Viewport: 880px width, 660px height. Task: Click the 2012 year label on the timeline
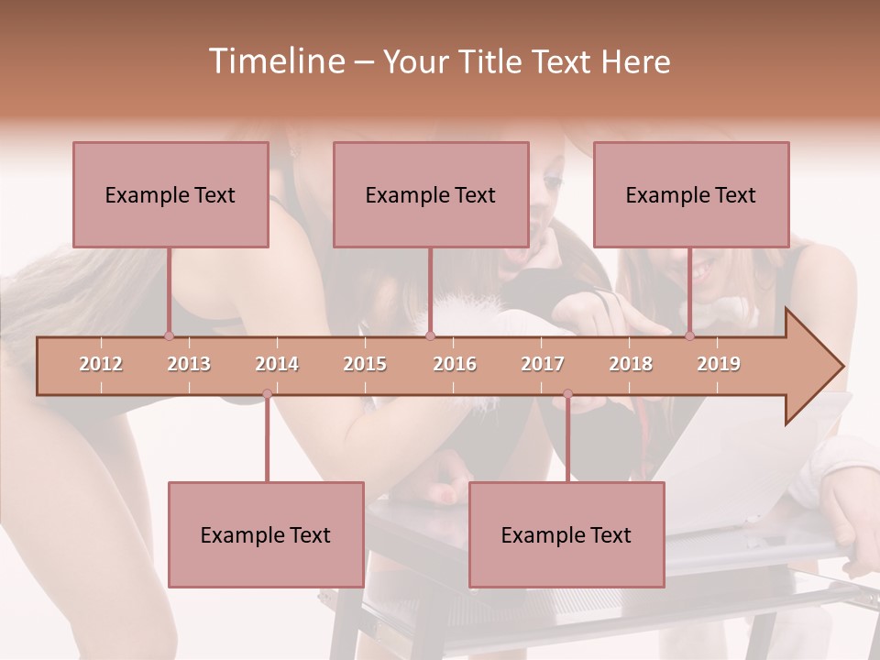pos(101,364)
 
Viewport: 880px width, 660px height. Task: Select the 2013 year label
pos(189,364)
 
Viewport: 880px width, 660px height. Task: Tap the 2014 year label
pos(277,364)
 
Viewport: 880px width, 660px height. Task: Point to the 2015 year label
pos(365,364)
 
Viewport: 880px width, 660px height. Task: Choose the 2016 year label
pos(455,364)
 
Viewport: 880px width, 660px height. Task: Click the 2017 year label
pos(543,364)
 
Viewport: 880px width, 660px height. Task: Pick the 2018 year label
pos(631,364)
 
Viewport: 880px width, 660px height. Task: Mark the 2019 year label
pos(719,364)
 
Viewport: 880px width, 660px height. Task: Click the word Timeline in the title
pos(276,61)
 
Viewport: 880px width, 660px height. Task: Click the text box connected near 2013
pos(170,194)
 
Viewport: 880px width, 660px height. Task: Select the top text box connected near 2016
pos(431,194)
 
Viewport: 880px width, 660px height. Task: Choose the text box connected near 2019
pos(691,194)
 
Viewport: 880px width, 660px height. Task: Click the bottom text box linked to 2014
pos(266,534)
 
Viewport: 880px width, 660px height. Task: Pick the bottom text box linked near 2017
pos(566,534)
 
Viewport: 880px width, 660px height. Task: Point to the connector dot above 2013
pos(169,335)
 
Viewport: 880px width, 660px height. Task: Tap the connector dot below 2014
pos(267,394)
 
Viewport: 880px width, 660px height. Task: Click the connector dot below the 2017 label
pos(567,394)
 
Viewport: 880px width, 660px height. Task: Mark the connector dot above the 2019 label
pos(689,335)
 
